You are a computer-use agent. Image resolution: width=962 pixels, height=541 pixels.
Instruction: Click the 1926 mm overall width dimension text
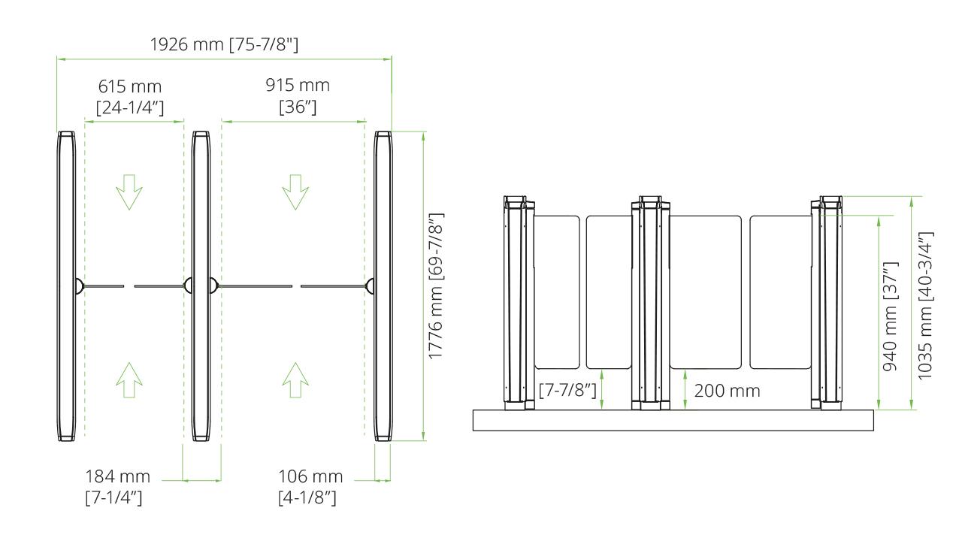pyautogui.click(x=225, y=45)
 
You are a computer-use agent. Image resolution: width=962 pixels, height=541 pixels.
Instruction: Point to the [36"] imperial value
pyautogui.click(x=298, y=107)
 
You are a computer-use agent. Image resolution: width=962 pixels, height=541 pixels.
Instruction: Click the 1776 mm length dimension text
pyautogui.click(x=436, y=286)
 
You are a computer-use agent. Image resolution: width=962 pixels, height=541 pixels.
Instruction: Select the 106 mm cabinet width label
pyautogui.click(x=310, y=476)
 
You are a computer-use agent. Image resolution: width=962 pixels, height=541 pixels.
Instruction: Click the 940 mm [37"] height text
pyautogui.click(x=890, y=316)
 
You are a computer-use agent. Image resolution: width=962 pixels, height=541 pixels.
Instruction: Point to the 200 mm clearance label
pyautogui.click(x=727, y=391)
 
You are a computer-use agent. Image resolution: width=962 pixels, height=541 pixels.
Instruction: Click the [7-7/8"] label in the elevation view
pyautogui.click(x=568, y=391)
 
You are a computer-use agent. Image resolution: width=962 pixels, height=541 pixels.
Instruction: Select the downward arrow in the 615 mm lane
pyautogui.click(x=129, y=192)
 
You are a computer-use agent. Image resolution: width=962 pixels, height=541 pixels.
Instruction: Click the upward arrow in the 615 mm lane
pyautogui.click(x=129, y=380)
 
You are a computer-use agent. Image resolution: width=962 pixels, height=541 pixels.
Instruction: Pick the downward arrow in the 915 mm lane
pyautogui.click(x=295, y=192)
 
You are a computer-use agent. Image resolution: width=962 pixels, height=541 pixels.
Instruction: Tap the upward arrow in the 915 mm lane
pyautogui.click(x=295, y=380)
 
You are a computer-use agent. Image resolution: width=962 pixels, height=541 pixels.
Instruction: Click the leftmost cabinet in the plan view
pyautogui.click(x=67, y=286)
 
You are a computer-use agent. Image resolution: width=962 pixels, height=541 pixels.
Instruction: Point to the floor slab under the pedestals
pyautogui.click(x=673, y=420)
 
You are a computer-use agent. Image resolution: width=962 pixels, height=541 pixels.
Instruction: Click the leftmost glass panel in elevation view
pyautogui.click(x=557, y=293)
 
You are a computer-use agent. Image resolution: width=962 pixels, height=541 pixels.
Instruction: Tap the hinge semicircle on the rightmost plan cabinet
pyautogui.click(x=371, y=286)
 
